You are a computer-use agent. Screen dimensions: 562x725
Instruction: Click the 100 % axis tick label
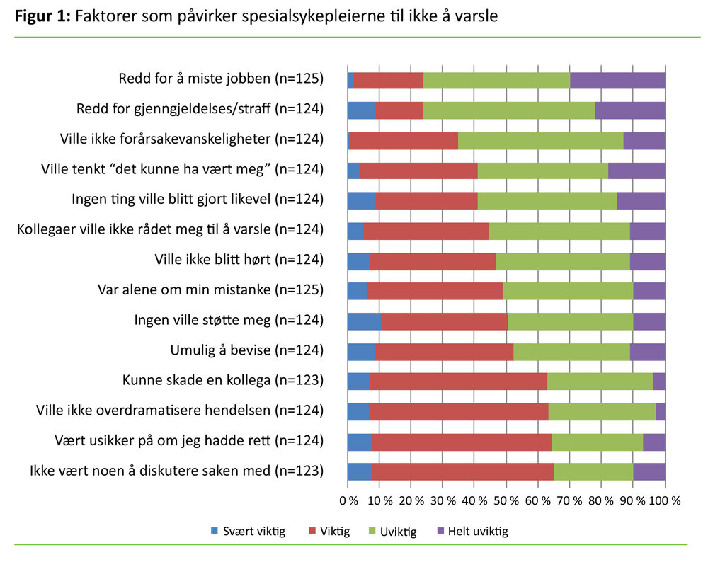point(666,500)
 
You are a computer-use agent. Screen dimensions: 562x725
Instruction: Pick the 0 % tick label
point(348,500)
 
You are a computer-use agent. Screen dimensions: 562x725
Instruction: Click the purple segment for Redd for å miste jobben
point(617,80)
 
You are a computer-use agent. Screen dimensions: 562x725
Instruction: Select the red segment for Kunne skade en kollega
point(458,382)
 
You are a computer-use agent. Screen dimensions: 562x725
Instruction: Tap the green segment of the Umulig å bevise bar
point(571,351)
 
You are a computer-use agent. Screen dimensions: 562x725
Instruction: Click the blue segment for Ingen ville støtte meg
point(364,321)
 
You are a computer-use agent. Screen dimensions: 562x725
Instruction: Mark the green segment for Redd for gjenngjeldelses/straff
point(509,110)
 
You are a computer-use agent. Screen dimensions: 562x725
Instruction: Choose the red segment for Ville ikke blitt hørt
point(433,261)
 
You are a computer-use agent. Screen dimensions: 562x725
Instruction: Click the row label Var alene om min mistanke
point(210,289)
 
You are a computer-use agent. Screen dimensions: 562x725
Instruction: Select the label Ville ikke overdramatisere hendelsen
point(180,411)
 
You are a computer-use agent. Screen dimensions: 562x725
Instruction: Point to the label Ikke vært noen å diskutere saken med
point(176,471)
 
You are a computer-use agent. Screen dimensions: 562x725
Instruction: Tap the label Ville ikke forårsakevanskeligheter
point(192,139)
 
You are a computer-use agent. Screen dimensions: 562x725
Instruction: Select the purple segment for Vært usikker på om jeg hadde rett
point(653,442)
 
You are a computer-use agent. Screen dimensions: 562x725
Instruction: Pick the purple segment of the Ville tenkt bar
point(636,170)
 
